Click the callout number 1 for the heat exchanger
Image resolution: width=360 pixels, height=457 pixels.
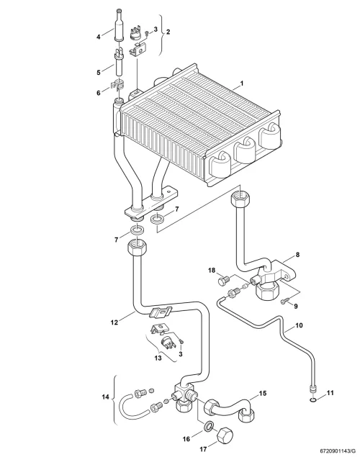coord(241,83)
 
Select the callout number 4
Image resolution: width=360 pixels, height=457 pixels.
coord(99,37)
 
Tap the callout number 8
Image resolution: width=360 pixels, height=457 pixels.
coord(297,255)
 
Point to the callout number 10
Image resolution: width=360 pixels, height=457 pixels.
coord(299,325)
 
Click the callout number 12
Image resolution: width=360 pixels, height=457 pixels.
coord(114,322)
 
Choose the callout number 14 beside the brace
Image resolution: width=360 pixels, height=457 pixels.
coord(106,397)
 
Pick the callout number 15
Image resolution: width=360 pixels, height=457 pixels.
coord(263,394)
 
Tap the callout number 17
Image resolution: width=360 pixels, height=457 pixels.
coord(203,449)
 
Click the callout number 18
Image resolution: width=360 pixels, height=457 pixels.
coord(212,271)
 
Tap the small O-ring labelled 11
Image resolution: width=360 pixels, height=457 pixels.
coord(312,400)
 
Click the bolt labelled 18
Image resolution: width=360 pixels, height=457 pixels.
coord(224,281)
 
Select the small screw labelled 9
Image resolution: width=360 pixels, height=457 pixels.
coord(284,301)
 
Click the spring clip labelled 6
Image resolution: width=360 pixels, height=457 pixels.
coord(118,85)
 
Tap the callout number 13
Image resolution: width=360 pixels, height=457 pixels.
coord(158,358)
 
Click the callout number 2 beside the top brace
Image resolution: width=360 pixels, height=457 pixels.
coord(168,32)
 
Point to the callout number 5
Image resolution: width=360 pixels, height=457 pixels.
coord(99,72)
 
